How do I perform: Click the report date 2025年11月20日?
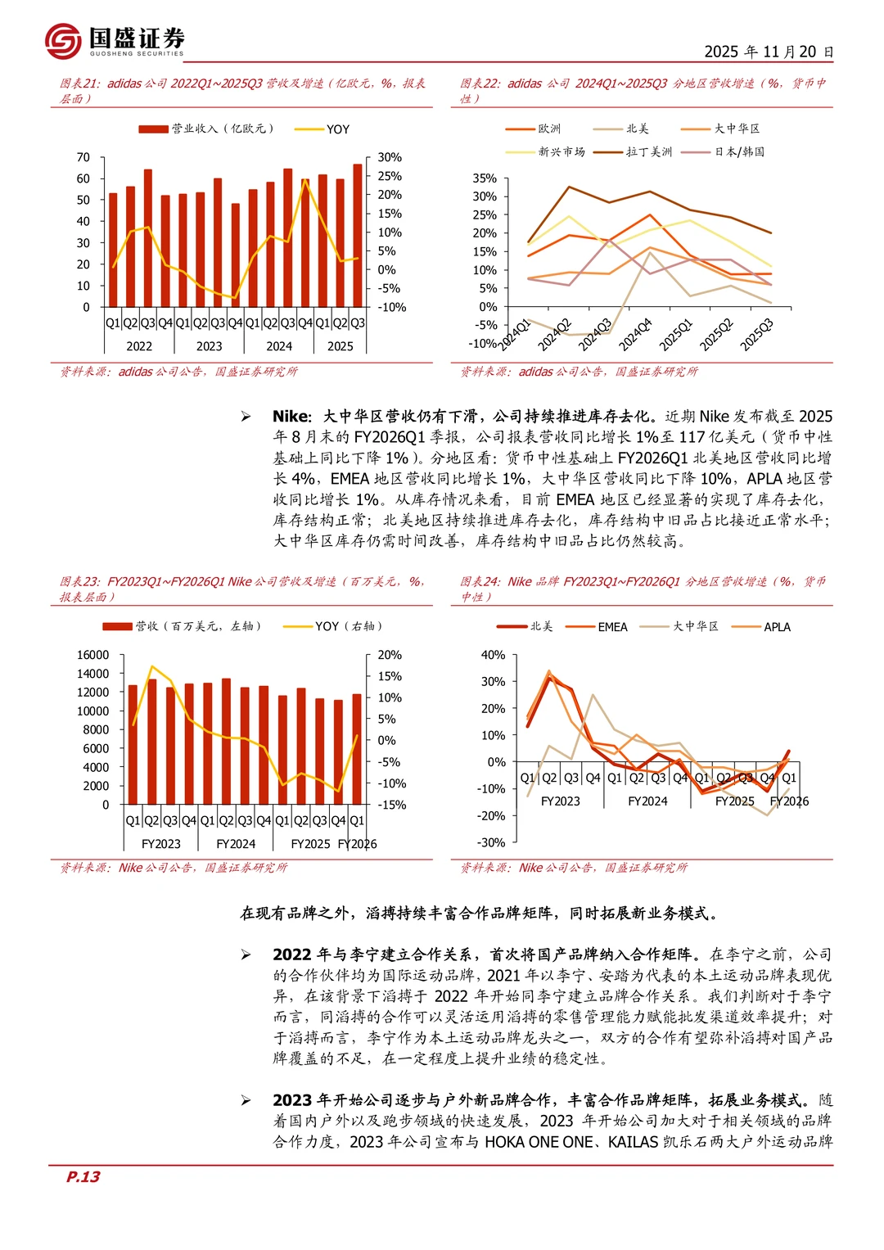(x=769, y=52)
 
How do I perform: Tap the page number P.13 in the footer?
(x=83, y=1176)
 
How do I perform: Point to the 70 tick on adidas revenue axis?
(x=83, y=157)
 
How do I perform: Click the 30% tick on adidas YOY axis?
(x=390, y=157)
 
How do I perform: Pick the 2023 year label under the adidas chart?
(x=209, y=346)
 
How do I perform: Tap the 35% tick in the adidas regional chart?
(x=485, y=178)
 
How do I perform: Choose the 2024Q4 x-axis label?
(x=635, y=335)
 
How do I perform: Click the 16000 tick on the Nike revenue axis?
(x=92, y=655)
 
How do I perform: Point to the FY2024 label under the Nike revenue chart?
(x=236, y=844)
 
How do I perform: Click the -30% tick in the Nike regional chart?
(x=491, y=842)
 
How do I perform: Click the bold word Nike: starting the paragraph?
(x=292, y=417)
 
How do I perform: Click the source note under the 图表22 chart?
(x=579, y=372)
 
